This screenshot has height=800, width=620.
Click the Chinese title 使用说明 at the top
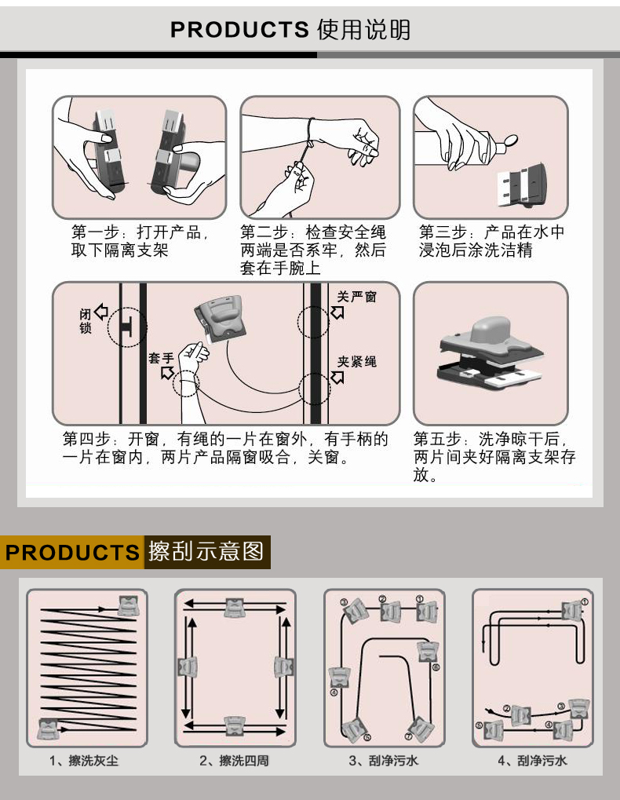(363, 29)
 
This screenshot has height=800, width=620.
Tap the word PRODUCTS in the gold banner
(72, 552)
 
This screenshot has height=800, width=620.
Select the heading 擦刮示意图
(206, 551)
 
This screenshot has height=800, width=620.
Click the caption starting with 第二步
(313, 250)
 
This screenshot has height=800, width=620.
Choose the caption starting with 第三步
(491, 241)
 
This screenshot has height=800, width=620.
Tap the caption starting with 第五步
(494, 456)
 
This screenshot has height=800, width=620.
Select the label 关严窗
(357, 297)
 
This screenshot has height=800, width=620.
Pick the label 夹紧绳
(357, 361)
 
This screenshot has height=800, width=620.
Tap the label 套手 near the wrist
(161, 358)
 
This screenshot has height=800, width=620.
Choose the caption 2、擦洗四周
(234, 761)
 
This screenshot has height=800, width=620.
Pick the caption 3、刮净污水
(383, 761)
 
